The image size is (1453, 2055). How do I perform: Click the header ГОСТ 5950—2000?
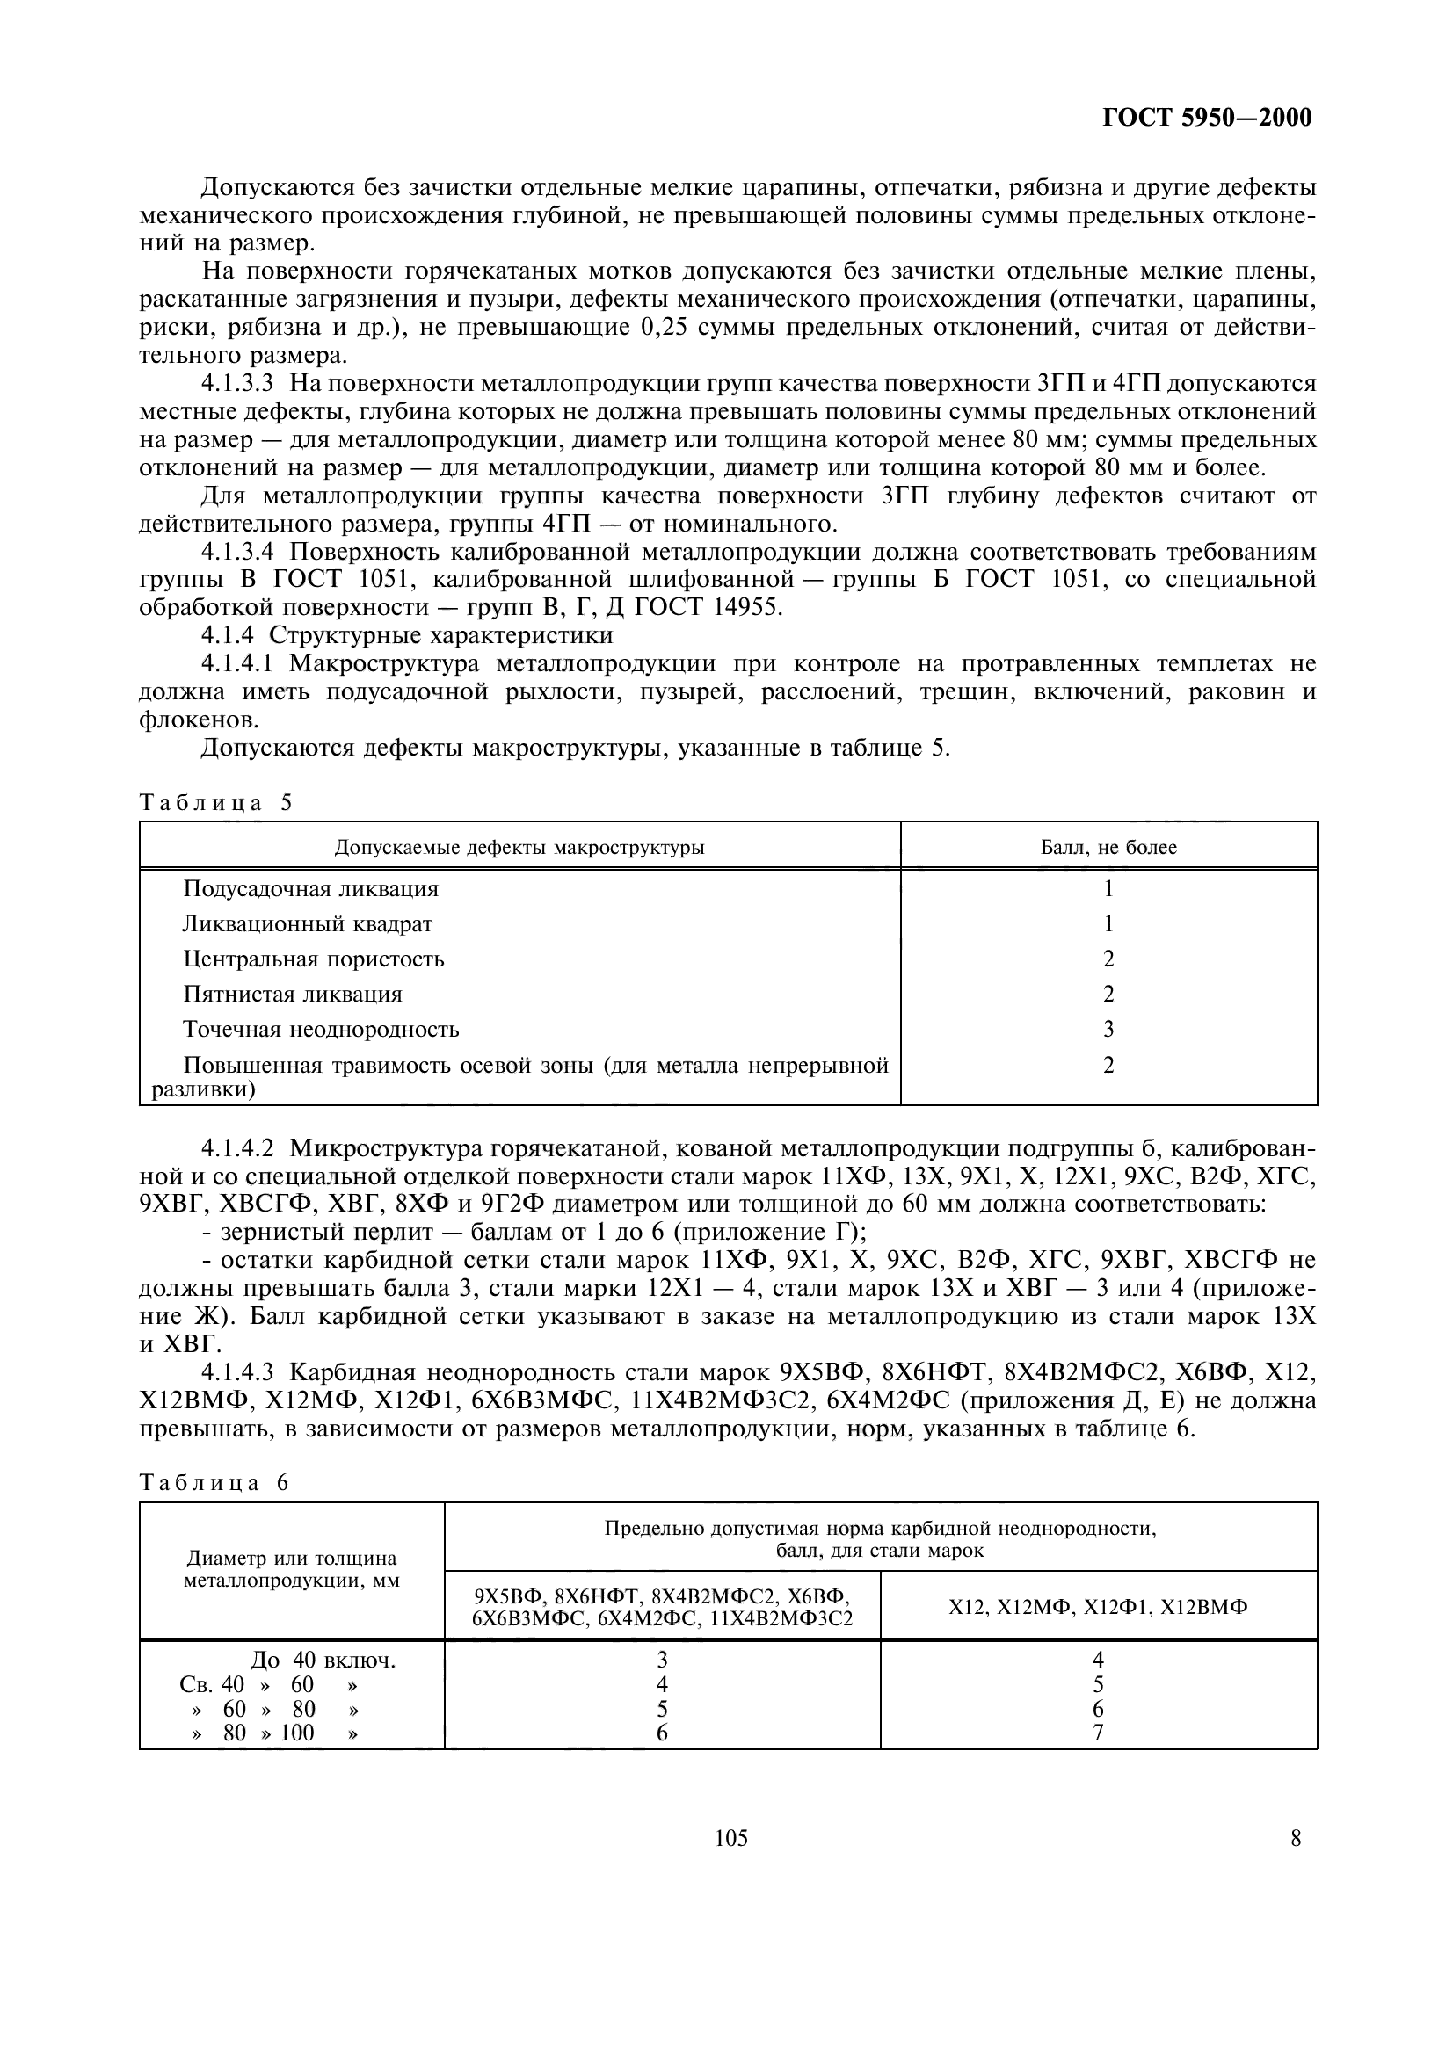(1207, 118)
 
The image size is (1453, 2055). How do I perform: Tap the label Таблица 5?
(215, 802)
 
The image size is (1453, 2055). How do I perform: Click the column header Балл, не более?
(1108, 847)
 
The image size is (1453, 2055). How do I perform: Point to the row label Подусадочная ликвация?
(310, 889)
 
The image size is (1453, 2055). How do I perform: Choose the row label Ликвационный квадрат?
(308, 923)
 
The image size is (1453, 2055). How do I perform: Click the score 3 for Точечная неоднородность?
(1108, 1030)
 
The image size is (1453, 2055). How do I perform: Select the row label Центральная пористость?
(313, 959)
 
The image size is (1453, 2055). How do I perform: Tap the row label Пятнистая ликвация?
(293, 995)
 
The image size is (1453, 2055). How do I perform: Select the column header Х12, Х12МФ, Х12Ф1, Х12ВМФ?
(1099, 1607)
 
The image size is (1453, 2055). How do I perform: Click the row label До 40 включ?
(323, 1661)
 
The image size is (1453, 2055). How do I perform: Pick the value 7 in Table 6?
(1099, 1733)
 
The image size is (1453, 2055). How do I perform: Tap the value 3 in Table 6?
(663, 1661)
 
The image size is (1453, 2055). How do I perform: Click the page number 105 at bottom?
(731, 1838)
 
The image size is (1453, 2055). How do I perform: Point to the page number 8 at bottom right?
(1296, 1838)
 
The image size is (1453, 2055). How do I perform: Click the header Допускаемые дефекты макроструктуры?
(519, 847)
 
